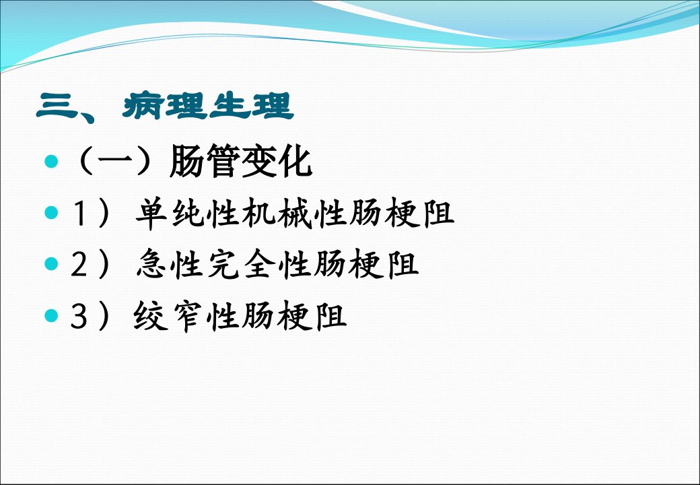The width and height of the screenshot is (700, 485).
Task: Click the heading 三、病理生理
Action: (165, 106)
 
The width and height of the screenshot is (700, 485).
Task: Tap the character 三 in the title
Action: (57, 106)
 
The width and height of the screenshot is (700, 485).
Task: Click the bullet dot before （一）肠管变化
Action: (51, 161)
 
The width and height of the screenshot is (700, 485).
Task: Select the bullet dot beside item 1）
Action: (51, 213)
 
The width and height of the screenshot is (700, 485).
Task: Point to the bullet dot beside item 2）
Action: (51, 264)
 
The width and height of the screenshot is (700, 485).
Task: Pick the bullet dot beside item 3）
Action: (51, 316)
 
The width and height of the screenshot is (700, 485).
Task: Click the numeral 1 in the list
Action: (79, 213)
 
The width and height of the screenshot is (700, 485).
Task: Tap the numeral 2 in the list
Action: (79, 264)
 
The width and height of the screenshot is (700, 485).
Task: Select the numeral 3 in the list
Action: (79, 316)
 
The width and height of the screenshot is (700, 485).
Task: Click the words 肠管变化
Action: (241, 161)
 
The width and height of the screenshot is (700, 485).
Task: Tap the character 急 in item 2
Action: (152, 264)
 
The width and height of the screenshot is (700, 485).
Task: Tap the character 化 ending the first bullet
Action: (295, 161)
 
